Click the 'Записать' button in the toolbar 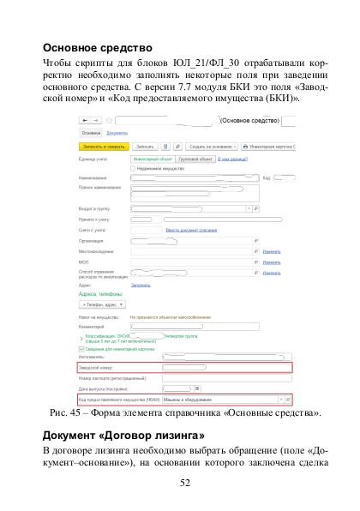(145, 147)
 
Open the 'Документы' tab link (117, 134)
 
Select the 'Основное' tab (91, 134)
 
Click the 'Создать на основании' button (204, 147)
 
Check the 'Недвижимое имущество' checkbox (132, 168)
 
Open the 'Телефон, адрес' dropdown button (102, 304)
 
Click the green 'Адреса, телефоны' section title (101, 293)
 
